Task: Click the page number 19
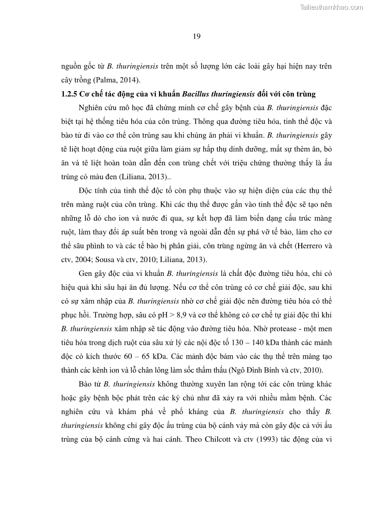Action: (x=196, y=37)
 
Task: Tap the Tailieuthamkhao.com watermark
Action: (x=332, y=7)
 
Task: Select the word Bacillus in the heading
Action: (x=196, y=94)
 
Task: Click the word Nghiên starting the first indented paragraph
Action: (x=93, y=108)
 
